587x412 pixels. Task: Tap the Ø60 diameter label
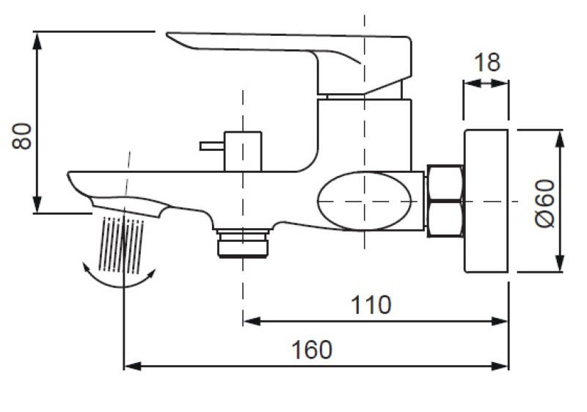pos(544,202)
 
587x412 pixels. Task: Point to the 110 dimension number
pos(371,304)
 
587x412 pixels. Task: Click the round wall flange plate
pos(486,201)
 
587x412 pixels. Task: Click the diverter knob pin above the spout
pos(213,146)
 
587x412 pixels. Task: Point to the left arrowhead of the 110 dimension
pos(249,320)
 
